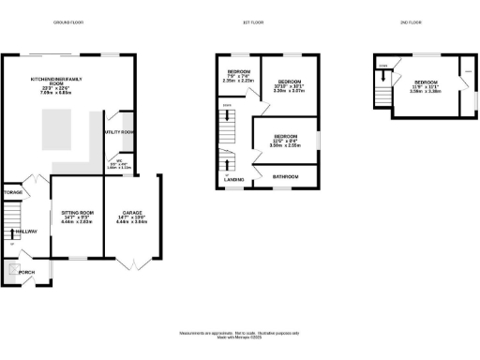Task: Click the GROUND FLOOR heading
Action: [81, 21]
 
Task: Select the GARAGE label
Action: [129, 217]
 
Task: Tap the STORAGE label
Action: [12, 192]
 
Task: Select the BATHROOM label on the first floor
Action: [286, 176]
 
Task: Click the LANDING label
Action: [234, 178]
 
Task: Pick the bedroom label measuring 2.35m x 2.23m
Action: [240, 75]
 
